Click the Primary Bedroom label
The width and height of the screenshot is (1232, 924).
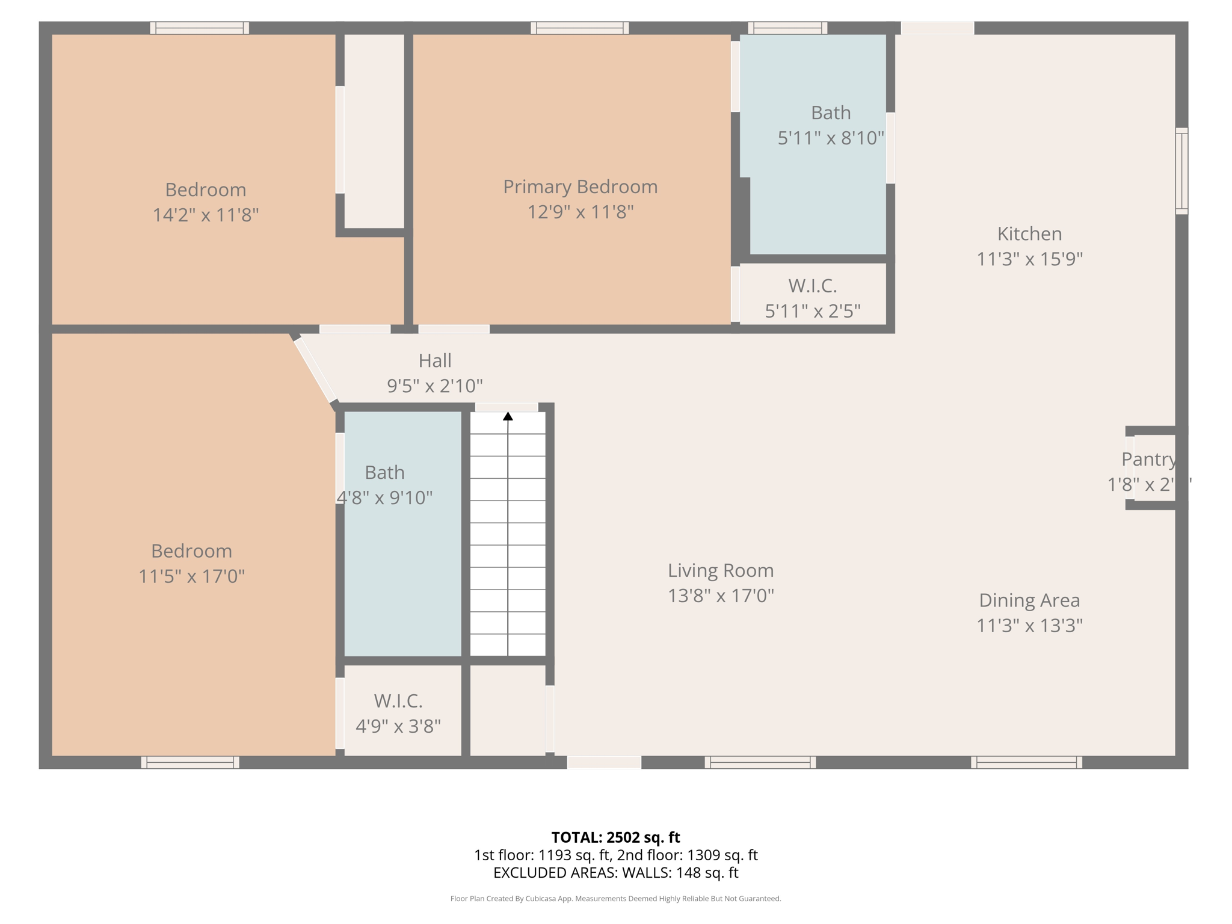pyautogui.click(x=580, y=186)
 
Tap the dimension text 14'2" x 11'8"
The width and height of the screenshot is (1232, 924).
pyautogui.click(x=205, y=215)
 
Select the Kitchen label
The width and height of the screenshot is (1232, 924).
pyautogui.click(x=1029, y=233)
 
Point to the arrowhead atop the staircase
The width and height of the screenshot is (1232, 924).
pyautogui.click(x=508, y=416)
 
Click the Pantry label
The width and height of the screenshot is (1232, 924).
pyautogui.click(x=1148, y=459)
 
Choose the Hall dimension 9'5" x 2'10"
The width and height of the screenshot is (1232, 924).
pyautogui.click(x=434, y=386)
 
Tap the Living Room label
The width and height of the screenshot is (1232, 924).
pyautogui.click(x=720, y=570)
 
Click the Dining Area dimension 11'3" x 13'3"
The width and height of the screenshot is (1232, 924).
pyautogui.click(x=1029, y=626)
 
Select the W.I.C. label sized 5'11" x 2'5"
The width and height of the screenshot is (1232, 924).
pyautogui.click(x=812, y=286)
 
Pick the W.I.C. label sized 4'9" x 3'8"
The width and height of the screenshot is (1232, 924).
pyautogui.click(x=398, y=701)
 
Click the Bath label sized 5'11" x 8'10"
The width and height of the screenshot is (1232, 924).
pyautogui.click(x=830, y=112)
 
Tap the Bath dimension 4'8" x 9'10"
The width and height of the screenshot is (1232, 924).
pyautogui.click(x=384, y=498)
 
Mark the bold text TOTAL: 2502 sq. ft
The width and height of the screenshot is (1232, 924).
pyautogui.click(x=615, y=837)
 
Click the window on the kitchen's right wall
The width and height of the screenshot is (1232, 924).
pyautogui.click(x=1181, y=171)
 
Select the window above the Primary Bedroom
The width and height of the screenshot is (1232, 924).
pyautogui.click(x=579, y=28)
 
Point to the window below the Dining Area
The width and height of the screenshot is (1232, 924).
pyautogui.click(x=1026, y=763)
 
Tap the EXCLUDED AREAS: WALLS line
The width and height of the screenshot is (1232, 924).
pyautogui.click(x=615, y=873)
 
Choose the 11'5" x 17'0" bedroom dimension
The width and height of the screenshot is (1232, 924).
pyautogui.click(x=191, y=576)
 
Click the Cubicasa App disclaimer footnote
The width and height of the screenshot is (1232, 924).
pyautogui.click(x=615, y=899)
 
